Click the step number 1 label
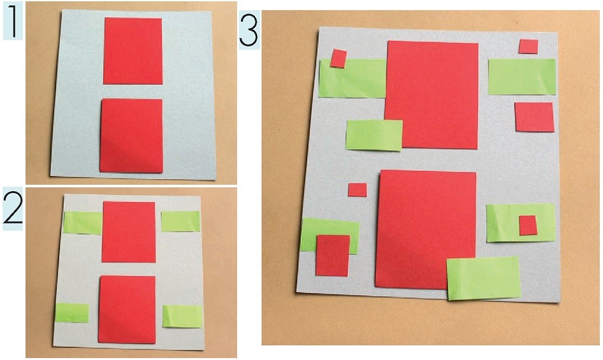13,21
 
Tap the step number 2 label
13,208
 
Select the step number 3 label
249,30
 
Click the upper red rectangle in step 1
133,51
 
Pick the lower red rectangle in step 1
131,136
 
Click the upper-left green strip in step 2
83,223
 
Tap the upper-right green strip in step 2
181,222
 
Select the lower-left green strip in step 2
72,313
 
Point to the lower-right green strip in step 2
183,316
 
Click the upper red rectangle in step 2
129,232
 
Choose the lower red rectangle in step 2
127,310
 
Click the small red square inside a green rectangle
528,226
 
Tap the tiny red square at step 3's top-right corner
528,47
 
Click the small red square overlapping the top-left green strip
338,59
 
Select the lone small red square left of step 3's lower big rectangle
357,190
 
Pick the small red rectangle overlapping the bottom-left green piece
333,256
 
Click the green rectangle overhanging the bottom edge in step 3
484,278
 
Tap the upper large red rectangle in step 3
432,95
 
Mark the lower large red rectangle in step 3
426,229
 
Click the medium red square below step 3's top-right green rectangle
535,117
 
